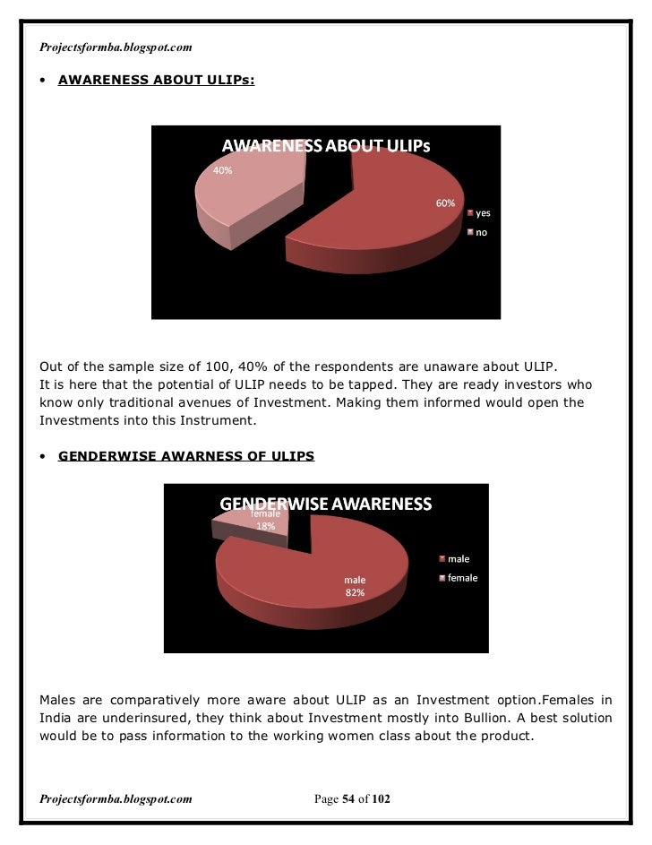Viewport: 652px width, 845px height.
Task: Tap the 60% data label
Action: pyautogui.click(x=445, y=203)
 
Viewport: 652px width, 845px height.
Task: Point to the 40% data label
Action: pyautogui.click(x=222, y=170)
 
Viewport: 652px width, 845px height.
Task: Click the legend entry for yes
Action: pyautogui.click(x=483, y=213)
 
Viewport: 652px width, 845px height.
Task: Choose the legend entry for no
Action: pyautogui.click(x=481, y=232)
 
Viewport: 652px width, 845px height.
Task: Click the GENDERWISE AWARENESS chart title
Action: pyautogui.click(x=326, y=504)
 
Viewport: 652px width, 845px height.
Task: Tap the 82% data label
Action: pyautogui.click(x=356, y=592)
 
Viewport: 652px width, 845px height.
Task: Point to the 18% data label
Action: pyautogui.click(x=266, y=526)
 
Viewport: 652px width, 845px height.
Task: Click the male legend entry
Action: pyautogui.click(x=459, y=559)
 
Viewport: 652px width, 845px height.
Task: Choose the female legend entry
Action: pyautogui.click(x=462, y=578)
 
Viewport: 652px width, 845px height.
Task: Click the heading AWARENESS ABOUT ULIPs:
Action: pyautogui.click(x=156, y=81)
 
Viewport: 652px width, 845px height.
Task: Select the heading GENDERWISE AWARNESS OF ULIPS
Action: pyautogui.click(x=186, y=456)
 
